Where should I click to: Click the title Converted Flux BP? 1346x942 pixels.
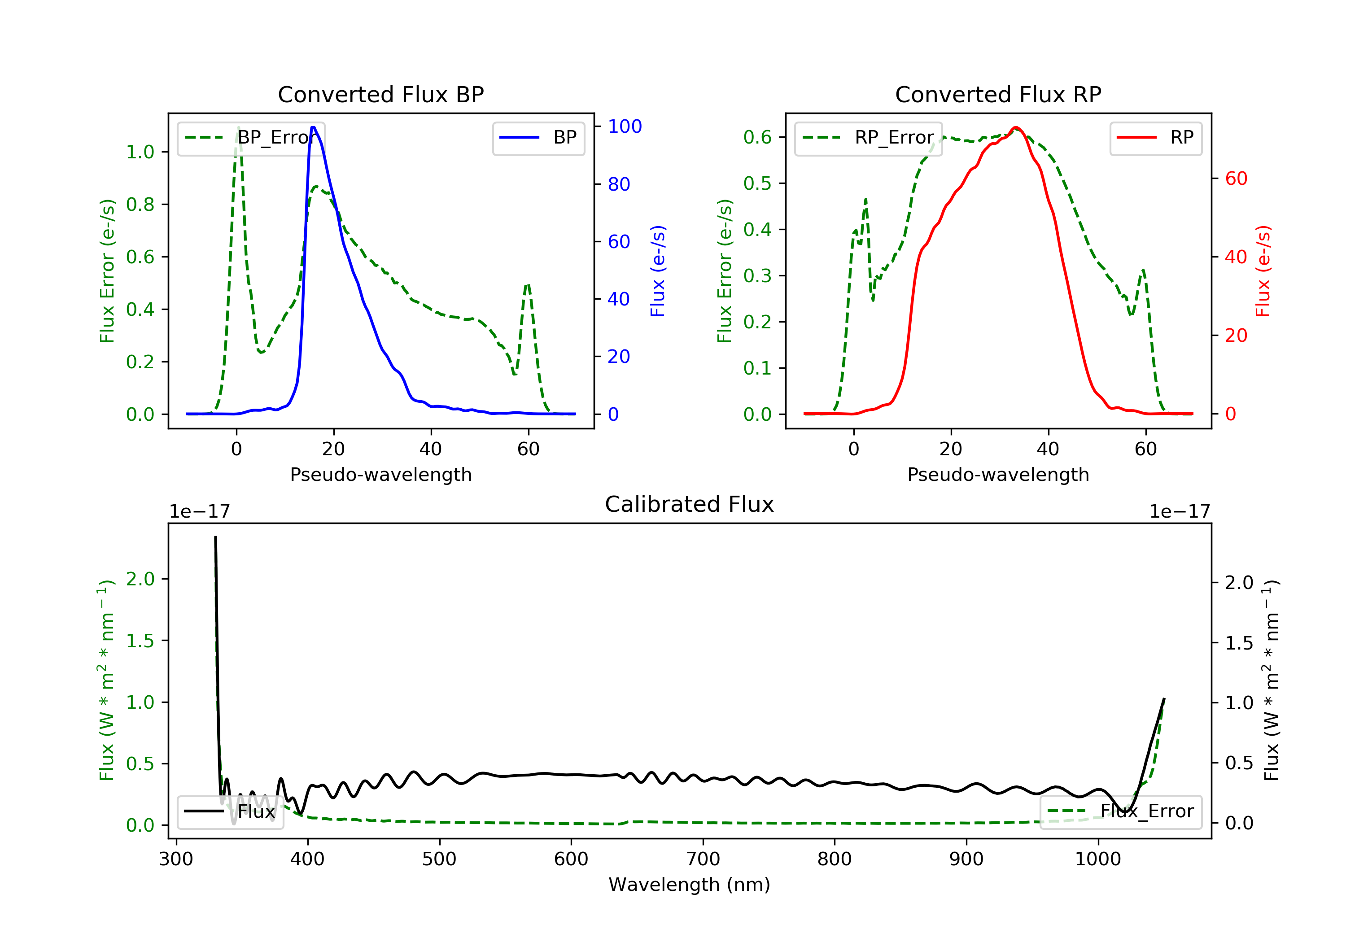click(x=380, y=94)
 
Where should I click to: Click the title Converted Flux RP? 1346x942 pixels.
click(x=998, y=94)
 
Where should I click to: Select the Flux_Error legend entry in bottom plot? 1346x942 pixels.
click(x=1121, y=811)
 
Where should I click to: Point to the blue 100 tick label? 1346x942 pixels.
click(x=625, y=126)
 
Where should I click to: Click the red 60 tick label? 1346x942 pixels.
click(x=1237, y=179)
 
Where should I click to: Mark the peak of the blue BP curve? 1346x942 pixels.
click(x=314, y=127)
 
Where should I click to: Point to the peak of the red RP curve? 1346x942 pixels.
click(x=1015, y=128)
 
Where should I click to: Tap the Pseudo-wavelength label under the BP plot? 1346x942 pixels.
click(x=380, y=474)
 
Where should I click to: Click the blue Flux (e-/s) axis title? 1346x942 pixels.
click(x=658, y=271)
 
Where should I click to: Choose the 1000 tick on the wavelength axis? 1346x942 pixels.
click(x=1097, y=859)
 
